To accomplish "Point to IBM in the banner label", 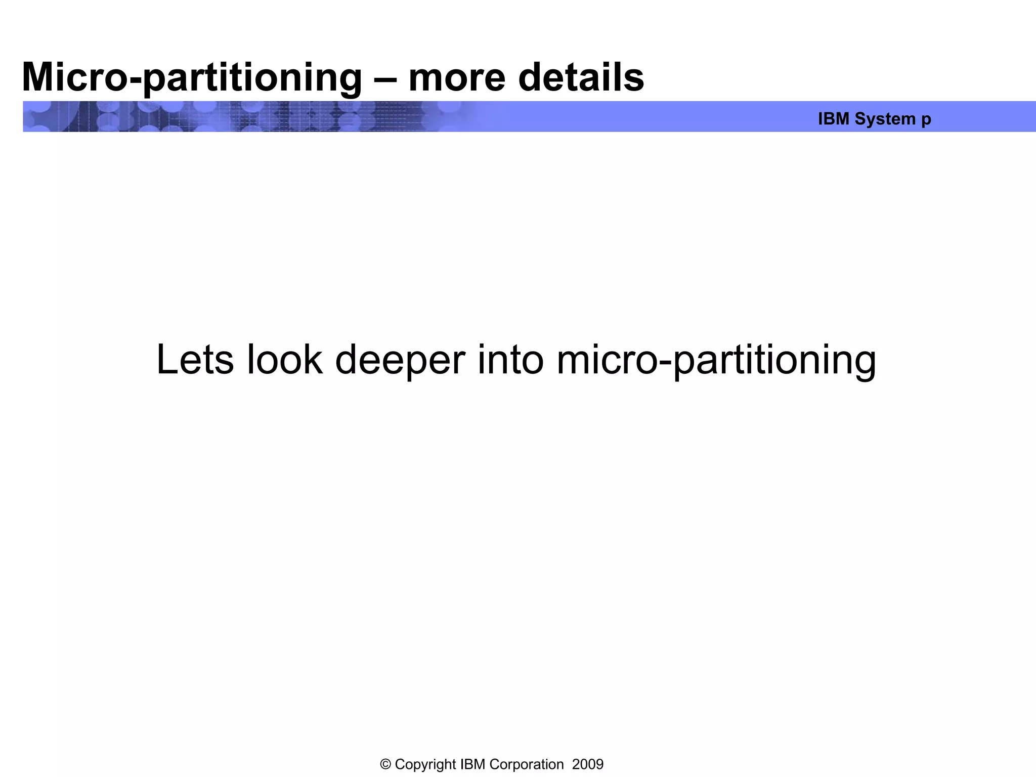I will tap(833, 119).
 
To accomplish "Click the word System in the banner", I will tap(885, 119).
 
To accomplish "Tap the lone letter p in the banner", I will tap(926, 120).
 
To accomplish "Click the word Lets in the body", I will tap(195, 360).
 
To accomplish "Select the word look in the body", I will tap(284, 360).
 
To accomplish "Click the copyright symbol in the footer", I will tap(385, 764).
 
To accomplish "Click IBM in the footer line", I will tap(472, 764).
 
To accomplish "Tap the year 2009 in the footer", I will tap(587, 764).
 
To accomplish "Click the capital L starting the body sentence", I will tap(166, 360).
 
